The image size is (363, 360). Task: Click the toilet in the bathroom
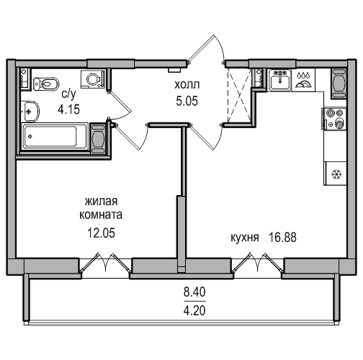[x=46, y=84]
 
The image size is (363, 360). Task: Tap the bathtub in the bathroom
[x=54, y=137]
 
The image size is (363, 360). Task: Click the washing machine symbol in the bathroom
[x=93, y=79]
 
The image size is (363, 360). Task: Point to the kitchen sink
[x=279, y=80]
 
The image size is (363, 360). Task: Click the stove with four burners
[x=336, y=119]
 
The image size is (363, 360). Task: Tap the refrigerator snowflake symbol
[x=336, y=174]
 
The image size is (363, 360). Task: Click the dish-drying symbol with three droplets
[x=303, y=80]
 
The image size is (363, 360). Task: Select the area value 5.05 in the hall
[x=187, y=101]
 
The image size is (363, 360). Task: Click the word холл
[x=187, y=85]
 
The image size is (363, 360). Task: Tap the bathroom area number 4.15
[x=68, y=109]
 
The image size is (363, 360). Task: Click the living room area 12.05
[x=101, y=233]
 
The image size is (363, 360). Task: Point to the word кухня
[x=245, y=238]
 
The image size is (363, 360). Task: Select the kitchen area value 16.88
[x=283, y=238]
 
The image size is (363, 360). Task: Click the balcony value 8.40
[x=194, y=292]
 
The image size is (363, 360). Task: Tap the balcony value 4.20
[x=194, y=311]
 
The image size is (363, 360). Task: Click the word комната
[x=101, y=215]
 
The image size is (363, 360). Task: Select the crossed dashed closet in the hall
[x=239, y=95]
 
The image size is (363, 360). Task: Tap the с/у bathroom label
[x=68, y=94]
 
